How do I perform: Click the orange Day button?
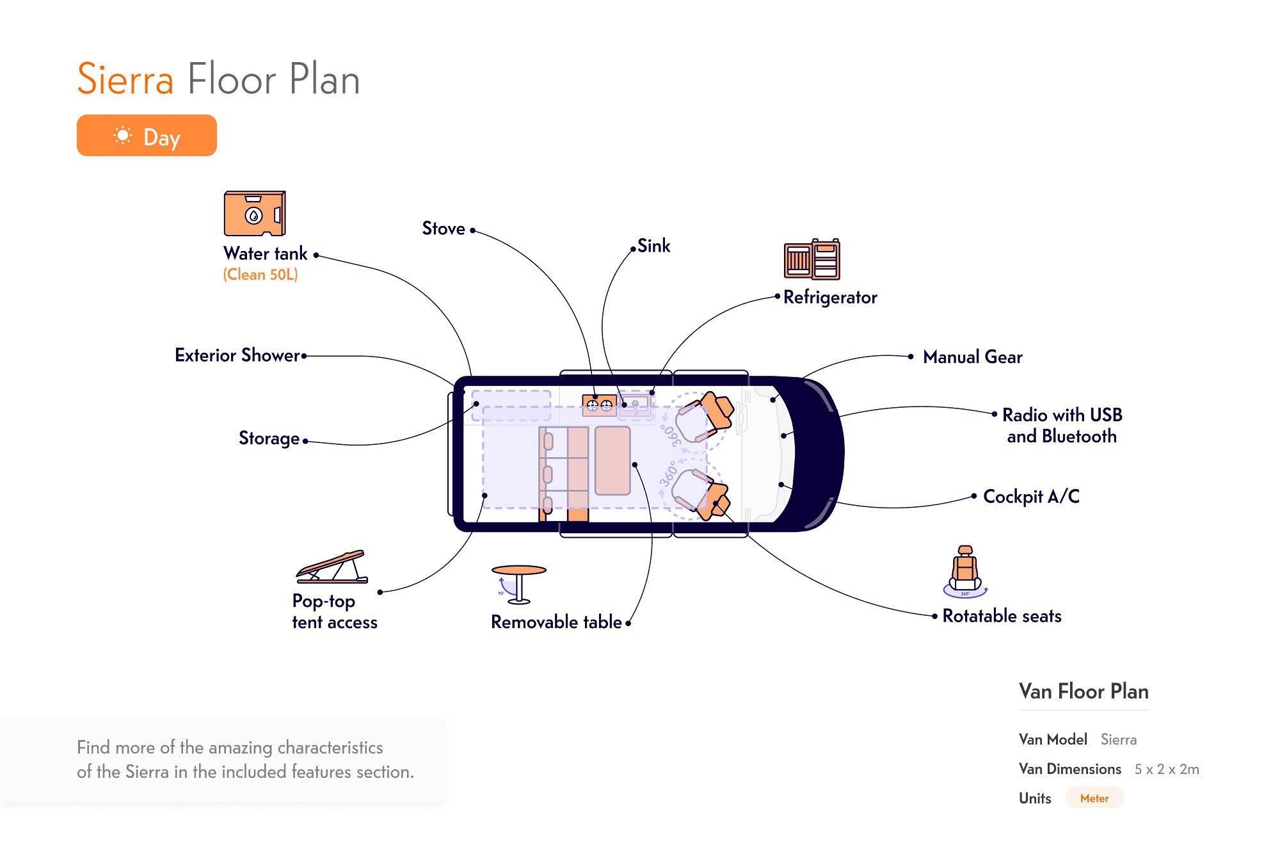[147, 136]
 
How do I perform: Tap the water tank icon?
[254, 214]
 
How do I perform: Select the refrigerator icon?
[812, 259]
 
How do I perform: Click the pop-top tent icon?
[332, 567]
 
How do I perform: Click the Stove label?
[444, 229]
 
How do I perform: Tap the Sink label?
[653, 246]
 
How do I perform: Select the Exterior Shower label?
[237, 355]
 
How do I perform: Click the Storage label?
[269, 439]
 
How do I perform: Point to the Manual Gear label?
[972, 357]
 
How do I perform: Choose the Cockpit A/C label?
[1031, 497]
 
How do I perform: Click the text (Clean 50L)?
[260, 275]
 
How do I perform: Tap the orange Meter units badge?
[1094, 798]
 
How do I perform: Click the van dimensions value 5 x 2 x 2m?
[1167, 769]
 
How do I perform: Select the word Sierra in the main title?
[125, 79]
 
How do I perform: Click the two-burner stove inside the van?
[599, 405]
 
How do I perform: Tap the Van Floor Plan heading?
[1084, 691]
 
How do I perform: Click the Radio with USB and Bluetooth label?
[1062, 426]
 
